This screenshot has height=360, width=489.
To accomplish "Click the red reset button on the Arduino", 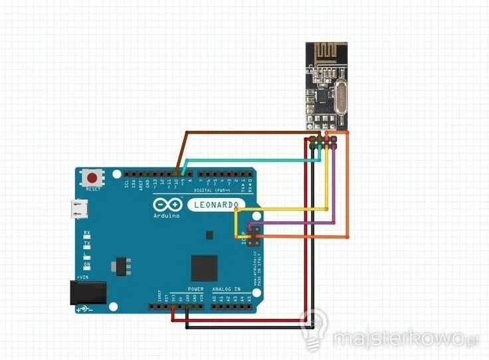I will tap(92, 178).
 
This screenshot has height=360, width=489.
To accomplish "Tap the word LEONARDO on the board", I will tap(215, 205).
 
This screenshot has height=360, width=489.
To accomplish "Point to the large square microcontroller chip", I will tap(203, 267).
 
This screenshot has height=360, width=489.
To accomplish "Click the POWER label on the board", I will tap(195, 290).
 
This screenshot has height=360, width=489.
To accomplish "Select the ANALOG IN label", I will tap(227, 290).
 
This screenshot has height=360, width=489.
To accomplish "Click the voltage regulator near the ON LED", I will tap(120, 264).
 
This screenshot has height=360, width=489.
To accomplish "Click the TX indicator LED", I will tap(87, 245).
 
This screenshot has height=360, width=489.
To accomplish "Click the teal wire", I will tap(252, 159).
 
